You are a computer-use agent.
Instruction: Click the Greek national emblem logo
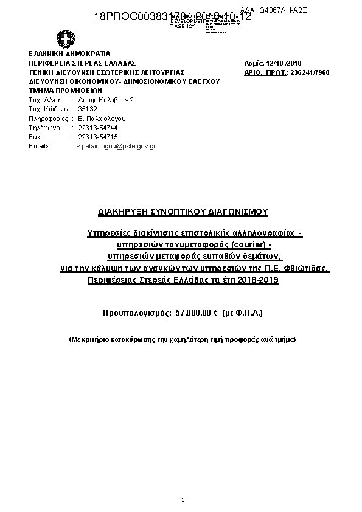pos(64,40)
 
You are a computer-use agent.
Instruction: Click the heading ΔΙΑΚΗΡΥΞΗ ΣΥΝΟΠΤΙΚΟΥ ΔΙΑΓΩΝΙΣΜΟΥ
pos(183,212)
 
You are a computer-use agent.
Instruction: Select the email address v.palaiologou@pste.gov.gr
pos(116,147)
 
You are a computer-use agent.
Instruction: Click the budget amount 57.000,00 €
pos(197,312)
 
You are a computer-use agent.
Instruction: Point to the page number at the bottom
pos(181,500)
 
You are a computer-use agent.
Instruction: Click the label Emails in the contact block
pos(39,147)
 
